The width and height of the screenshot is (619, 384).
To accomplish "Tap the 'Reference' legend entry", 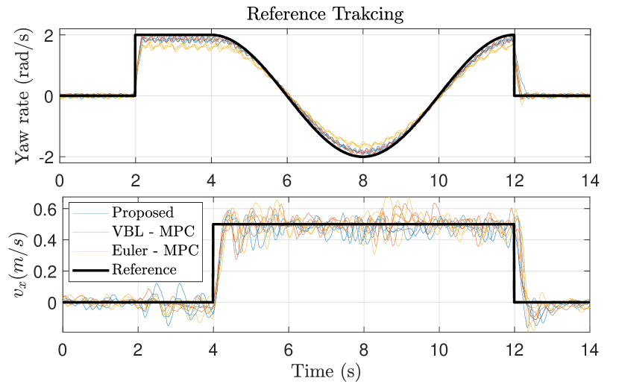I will tap(144, 269).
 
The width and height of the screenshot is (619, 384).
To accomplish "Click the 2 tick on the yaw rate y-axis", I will tap(48, 35).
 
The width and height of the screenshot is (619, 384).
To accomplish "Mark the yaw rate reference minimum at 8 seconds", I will tap(363, 156).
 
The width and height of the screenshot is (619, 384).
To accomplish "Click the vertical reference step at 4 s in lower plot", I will tap(213, 262).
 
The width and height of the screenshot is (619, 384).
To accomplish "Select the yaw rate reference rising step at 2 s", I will tap(135, 66).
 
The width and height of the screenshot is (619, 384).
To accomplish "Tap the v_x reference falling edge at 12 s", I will tap(515, 262).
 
